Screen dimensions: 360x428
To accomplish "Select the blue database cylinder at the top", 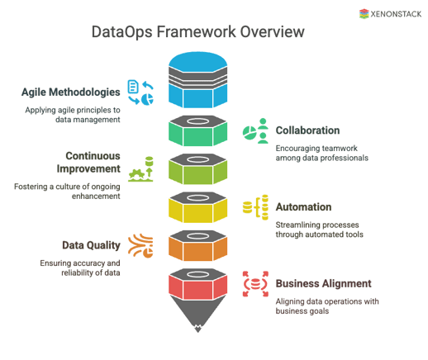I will tap(197, 80).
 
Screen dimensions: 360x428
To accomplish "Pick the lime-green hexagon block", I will tap(197, 170).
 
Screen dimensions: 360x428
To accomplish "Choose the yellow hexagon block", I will tap(197, 207).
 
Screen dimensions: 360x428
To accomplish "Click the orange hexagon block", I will tap(197, 245).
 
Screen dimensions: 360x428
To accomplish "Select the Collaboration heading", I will tap(307, 130).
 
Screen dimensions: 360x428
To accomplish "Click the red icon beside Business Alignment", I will tap(255, 283).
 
